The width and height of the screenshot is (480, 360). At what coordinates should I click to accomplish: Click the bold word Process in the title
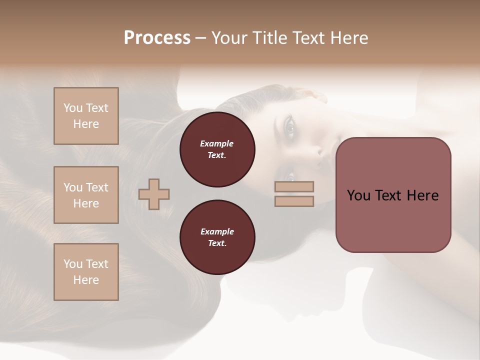tap(157, 38)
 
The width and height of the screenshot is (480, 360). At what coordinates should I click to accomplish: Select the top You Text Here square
tap(86, 116)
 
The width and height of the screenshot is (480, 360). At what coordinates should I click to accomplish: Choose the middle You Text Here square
tap(86, 195)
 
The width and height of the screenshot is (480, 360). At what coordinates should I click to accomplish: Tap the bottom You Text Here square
tap(86, 272)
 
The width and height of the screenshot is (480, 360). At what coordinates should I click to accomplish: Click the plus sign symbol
tap(154, 194)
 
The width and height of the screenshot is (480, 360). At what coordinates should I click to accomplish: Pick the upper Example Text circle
tap(217, 149)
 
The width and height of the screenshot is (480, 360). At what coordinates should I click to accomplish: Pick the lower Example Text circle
tap(217, 237)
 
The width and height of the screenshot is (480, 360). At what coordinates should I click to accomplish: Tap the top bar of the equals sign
tap(294, 186)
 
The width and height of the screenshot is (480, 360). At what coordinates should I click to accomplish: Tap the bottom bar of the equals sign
tap(294, 201)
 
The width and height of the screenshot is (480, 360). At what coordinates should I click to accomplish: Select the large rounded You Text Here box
tap(393, 195)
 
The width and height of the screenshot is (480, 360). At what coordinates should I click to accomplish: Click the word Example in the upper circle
tap(217, 143)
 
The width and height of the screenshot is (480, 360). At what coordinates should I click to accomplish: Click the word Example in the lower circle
tap(217, 231)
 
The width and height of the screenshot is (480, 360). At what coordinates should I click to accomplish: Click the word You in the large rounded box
tap(358, 195)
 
